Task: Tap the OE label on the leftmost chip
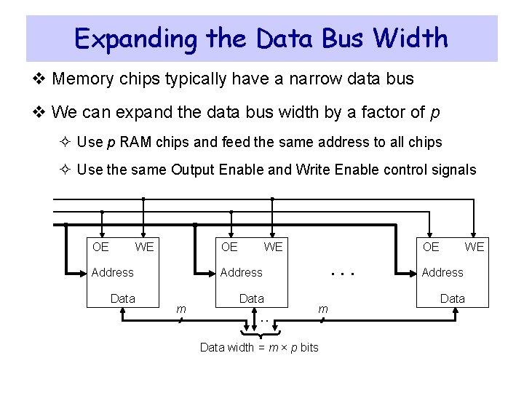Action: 100,247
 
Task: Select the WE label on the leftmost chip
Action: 144,247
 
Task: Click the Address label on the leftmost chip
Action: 112,272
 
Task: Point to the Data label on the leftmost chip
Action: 122,298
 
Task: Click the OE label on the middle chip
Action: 229,247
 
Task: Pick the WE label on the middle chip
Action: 273,247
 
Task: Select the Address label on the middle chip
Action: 241,272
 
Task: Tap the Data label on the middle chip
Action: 252,298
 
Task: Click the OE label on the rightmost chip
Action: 431,247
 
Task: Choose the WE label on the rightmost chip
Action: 475,247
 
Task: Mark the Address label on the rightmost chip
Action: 442,272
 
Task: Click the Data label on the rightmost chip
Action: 453,298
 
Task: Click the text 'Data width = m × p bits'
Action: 259,347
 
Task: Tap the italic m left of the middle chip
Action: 182,309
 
